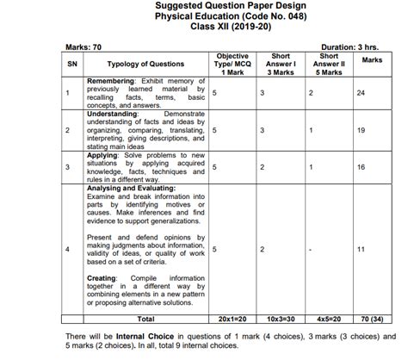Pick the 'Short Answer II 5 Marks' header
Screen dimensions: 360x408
coord(328,62)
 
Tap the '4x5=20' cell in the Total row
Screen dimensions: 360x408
coord(328,319)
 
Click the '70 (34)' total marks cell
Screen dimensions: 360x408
coord(372,319)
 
